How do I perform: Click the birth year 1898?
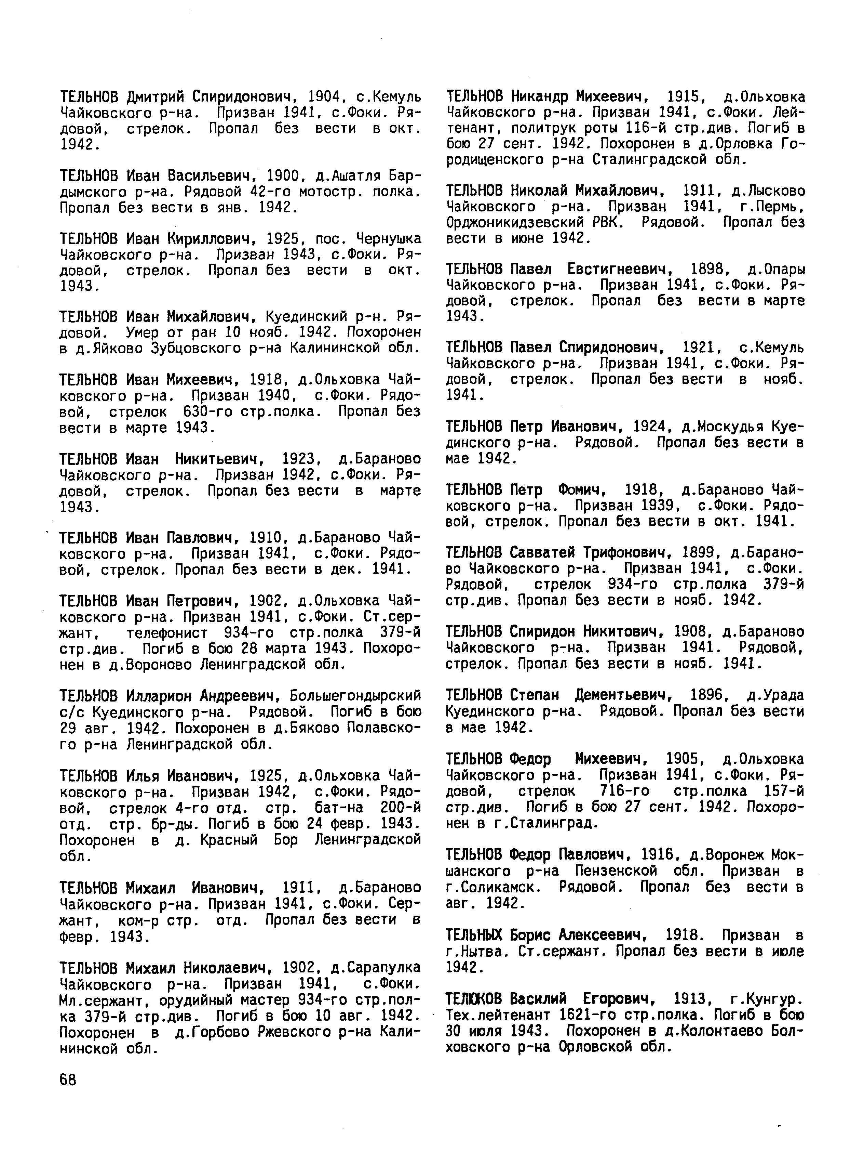coord(710,270)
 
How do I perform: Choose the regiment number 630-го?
coord(207,411)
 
